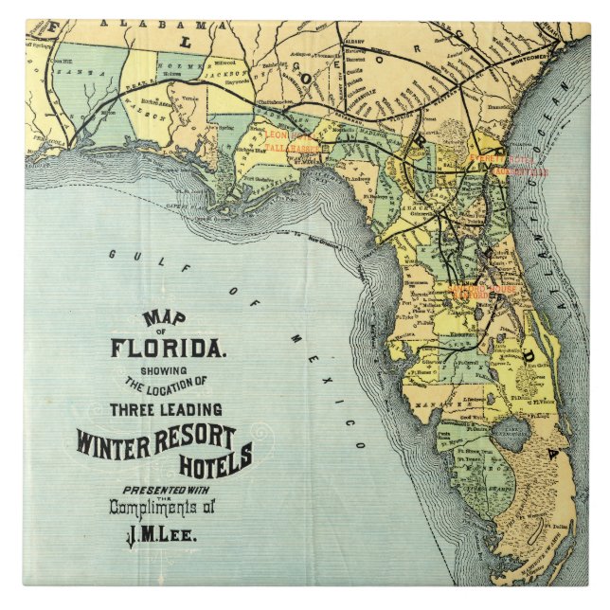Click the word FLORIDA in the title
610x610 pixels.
168,348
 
